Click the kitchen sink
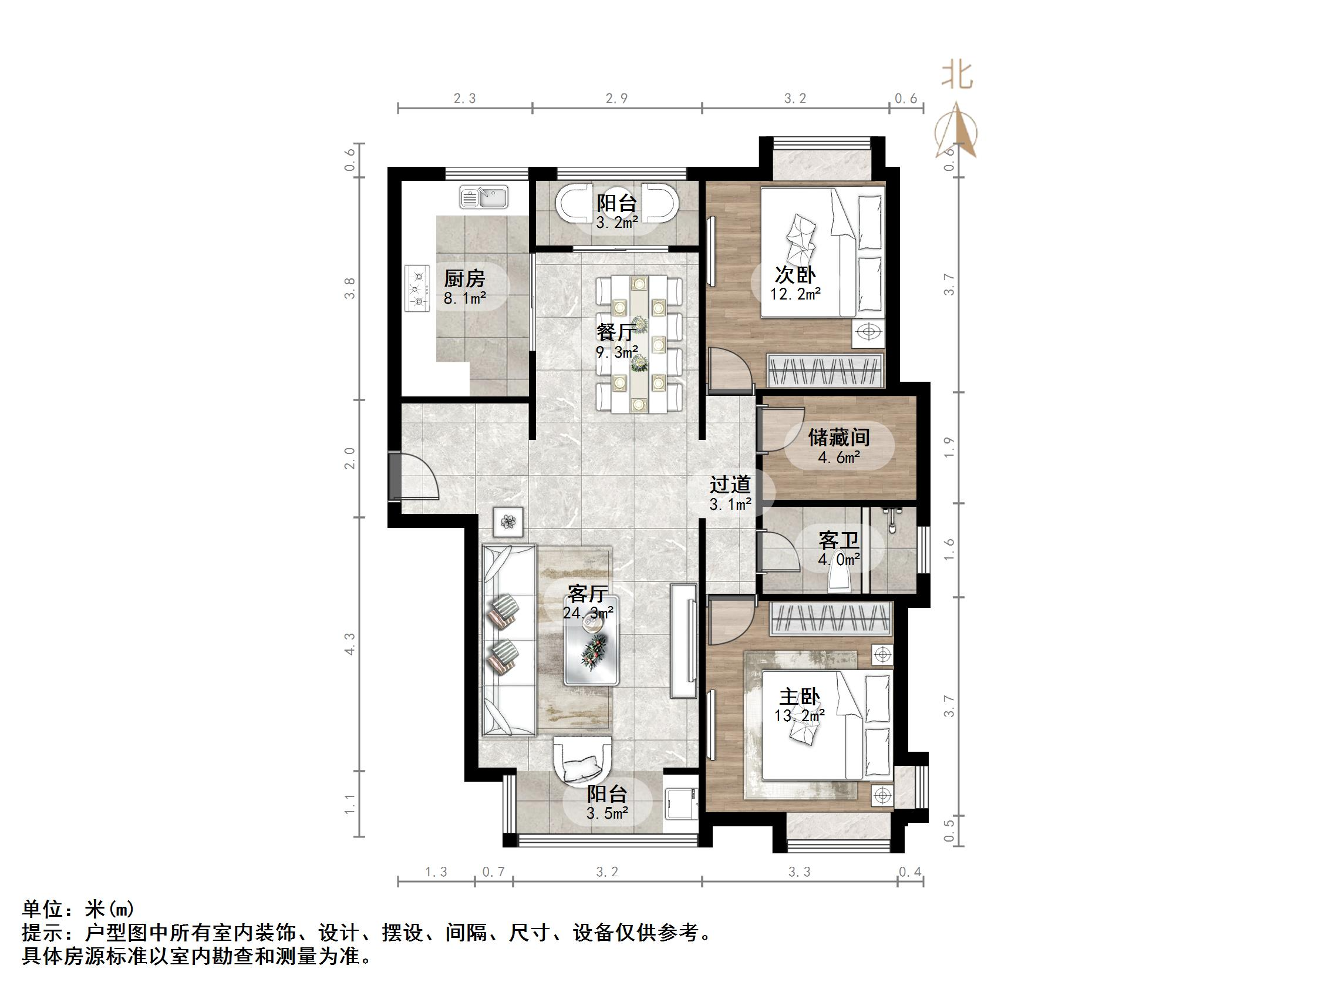[484, 197]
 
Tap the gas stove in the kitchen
[417, 288]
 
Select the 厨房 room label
[464, 278]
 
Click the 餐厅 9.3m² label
[617, 342]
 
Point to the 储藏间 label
[839, 438]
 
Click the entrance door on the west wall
[414, 475]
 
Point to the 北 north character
[957, 76]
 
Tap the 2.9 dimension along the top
[616, 98]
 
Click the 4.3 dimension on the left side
[350, 644]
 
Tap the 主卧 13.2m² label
[800, 705]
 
